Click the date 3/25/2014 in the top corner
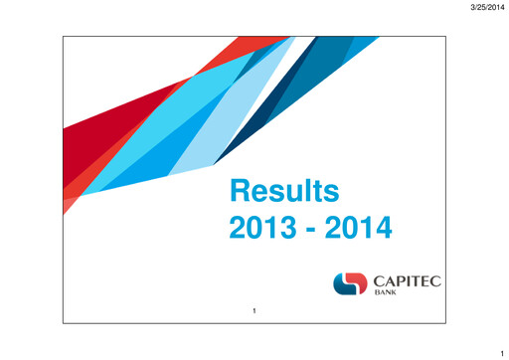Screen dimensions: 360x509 pyautogui.click(x=484, y=8)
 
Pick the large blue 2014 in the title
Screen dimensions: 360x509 pyautogui.click(x=360, y=231)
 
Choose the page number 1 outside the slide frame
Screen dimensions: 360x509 pyautogui.click(x=503, y=351)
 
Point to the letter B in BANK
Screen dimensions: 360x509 pyautogui.click(x=376, y=295)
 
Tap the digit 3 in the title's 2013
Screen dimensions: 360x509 pyautogui.click(x=284, y=231)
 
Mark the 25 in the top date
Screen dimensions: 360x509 pyautogui.click(x=478, y=8)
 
